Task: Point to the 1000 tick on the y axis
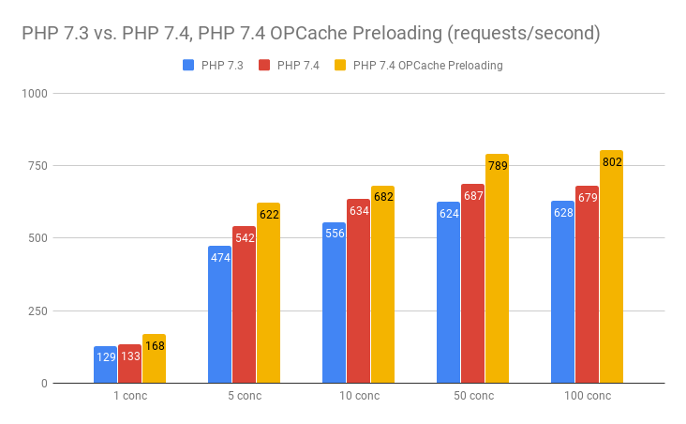(x=35, y=94)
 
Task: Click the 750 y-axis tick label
(x=37, y=166)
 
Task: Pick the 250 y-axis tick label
(x=37, y=311)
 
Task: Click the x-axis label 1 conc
(x=129, y=396)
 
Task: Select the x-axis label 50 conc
(x=472, y=396)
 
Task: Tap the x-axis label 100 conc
(x=587, y=396)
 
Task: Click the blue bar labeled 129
(x=105, y=365)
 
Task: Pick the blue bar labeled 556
(x=334, y=310)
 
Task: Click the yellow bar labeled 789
(x=497, y=272)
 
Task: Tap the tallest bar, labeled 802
(x=611, y=267)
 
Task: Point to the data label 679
(x=588, y=198)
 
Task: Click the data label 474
(x=220, y=258)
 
